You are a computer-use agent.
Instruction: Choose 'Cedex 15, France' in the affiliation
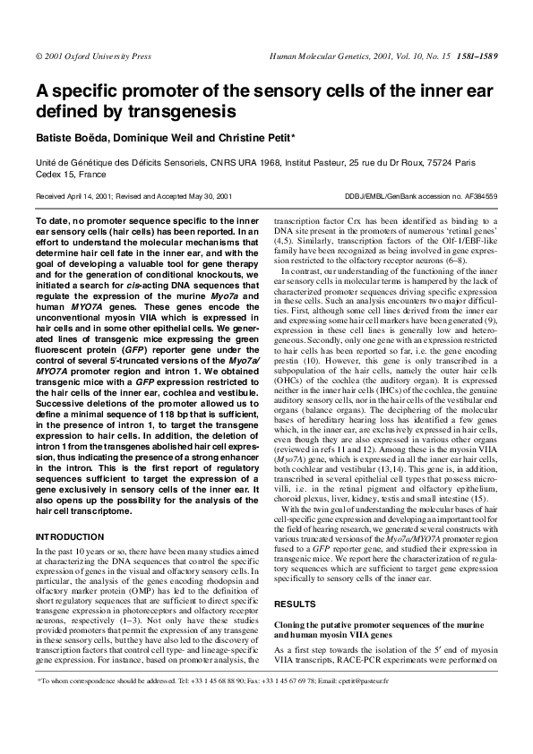click(69, 176)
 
